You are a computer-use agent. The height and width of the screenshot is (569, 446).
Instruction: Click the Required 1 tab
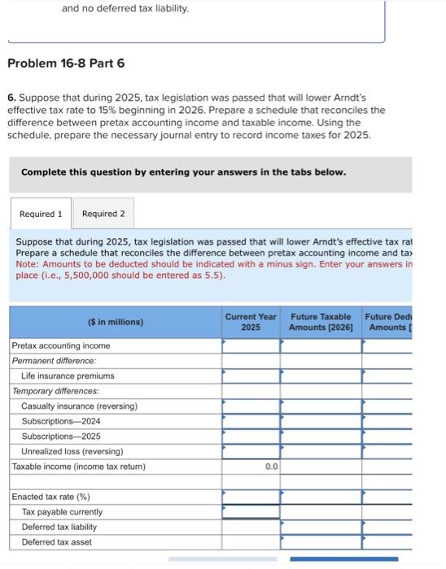(x=41, y=214)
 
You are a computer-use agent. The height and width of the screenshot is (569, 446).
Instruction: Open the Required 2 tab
(x=103, y=214)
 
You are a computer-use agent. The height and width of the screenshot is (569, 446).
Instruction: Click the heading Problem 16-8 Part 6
(x=66, y=63)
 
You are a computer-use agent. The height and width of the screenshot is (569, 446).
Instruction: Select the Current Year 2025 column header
(x=251, y=321)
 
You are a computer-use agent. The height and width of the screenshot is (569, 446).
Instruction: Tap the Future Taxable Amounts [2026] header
(x=321, y=321)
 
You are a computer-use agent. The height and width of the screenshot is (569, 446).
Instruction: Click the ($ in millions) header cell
(x=116, y=322)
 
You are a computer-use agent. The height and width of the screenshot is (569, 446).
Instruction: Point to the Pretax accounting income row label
(x=61, y=345)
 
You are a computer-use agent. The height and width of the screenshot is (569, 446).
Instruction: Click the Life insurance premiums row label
(x=68, y=376)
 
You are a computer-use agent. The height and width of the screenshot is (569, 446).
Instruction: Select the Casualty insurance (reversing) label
(x=79, y=406)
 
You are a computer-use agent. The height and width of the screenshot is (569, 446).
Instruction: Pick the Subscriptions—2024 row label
(x=61, y=421)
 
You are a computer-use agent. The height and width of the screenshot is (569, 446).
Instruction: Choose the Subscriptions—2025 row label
(x=61, y=436)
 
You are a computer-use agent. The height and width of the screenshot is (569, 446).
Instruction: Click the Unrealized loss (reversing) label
(x=72, y=451)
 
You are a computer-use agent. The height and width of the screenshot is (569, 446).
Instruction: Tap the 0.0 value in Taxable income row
(x=271, y=467)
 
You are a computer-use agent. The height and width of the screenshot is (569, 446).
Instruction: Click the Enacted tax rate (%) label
(x=50, y=497)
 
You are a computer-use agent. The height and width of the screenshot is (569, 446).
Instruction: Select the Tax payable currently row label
(x=62, y=512)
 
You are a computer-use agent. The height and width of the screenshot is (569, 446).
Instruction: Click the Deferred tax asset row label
(x=56, y=542)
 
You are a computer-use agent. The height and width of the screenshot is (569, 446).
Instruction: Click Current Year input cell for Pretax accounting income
(x=251, y=345)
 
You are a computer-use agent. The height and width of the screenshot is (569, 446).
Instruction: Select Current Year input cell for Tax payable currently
(x=251, y=512)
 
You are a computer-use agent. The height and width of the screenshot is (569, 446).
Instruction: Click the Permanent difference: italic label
(x=54, y=360)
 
